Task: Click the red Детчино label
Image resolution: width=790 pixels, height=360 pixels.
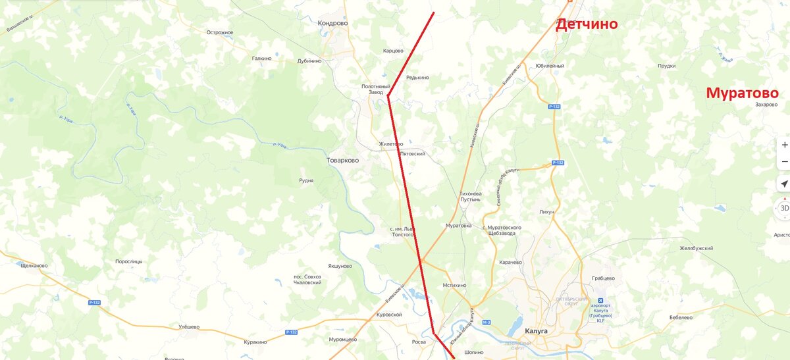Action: click(587, 24)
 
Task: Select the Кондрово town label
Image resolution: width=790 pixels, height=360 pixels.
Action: click(332, 23)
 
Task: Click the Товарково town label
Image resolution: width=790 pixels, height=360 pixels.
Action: click(343, 160)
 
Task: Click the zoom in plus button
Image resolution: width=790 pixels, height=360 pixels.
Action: click(784, 145)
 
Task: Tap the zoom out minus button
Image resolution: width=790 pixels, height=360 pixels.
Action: click(784, 162)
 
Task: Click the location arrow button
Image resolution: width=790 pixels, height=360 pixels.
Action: click(784, 184)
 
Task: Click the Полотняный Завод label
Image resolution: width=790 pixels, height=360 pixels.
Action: click(377, 90)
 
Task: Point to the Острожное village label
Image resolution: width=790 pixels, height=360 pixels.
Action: click(220, 32)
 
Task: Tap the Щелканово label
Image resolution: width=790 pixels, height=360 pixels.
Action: click(34, 265)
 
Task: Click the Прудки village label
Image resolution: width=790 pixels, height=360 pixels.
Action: click(667, 66)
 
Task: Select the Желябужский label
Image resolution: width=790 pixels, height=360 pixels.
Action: click(697, 248)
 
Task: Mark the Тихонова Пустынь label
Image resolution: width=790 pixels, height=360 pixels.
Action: click(471, 196)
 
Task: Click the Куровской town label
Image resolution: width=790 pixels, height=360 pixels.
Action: click(388, 315)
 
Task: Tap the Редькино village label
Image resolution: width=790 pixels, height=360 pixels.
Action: click(417, 78)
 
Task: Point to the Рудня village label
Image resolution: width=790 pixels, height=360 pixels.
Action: click(306, 180)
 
